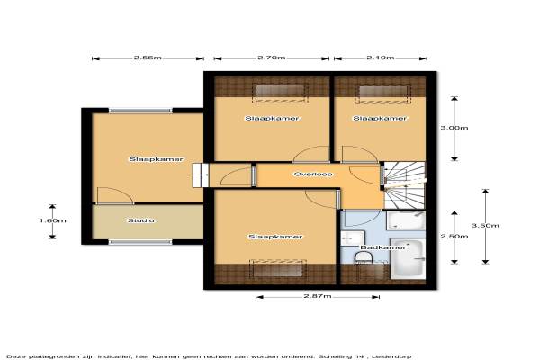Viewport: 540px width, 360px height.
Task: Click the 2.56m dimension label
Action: pos(148,58)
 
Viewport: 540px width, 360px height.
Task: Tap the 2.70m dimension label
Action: pos(272,58)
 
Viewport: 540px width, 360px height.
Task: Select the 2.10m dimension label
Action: pos(381,58)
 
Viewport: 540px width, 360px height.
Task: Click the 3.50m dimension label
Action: pos(485,226)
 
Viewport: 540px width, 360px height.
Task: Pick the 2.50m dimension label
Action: pos(454,237)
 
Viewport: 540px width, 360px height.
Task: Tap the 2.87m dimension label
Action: pos(318,296)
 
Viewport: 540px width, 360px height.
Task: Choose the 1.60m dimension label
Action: pos(52,220)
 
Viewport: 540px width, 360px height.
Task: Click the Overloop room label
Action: pos(313,175)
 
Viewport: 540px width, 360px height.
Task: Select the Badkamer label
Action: pos(383,247)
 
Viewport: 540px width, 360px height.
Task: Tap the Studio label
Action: pos(141,220)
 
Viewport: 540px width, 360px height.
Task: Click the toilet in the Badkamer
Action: pos(364,257)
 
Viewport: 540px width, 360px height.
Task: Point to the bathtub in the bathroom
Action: pos(409,258)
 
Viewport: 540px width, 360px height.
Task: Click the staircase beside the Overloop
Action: pos(405,185)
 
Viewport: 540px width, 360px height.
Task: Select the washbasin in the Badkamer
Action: pos(352,238)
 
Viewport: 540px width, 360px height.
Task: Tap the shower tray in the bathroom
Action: pos(406,220)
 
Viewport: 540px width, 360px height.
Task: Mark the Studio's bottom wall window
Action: pos(140,242)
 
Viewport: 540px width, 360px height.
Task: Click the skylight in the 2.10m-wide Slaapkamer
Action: pos(383,94)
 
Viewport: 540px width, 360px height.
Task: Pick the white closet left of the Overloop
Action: pos(201,175)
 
